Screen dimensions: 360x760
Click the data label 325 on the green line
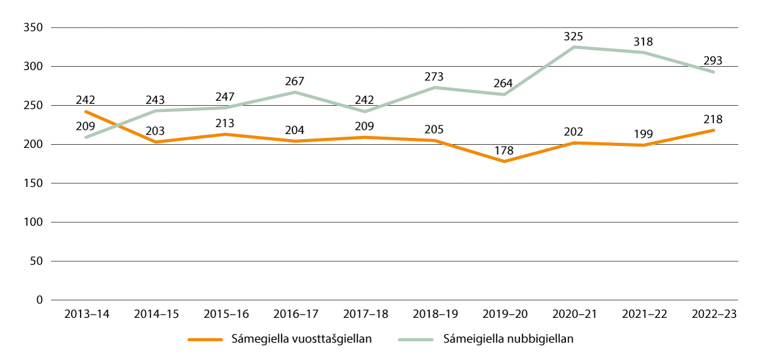coord(574,35)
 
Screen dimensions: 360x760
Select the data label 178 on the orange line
coord(504,150)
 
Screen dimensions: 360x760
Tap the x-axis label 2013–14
coord(86,314)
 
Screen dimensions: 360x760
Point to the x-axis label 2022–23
coord(713,314)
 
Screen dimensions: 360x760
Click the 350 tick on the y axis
coord(32,28)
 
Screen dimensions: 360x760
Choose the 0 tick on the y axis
coord(38,300)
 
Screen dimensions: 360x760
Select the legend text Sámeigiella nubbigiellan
coord(509,339)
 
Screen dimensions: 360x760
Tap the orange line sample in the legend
coord(206,339)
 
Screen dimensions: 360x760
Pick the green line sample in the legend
coord(416,339)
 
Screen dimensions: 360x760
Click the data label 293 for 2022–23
coord(713,61)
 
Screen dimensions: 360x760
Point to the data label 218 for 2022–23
coord(713,119)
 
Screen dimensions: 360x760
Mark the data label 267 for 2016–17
coord(295,81)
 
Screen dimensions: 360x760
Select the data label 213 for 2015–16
coord(225,123)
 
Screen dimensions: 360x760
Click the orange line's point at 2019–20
coord(504,162)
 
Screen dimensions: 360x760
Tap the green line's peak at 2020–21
coord(574,47)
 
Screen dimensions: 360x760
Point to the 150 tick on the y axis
coord(32,184)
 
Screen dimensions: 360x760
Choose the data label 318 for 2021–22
coord(644,42)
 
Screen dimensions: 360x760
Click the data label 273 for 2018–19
coord(434,76)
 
